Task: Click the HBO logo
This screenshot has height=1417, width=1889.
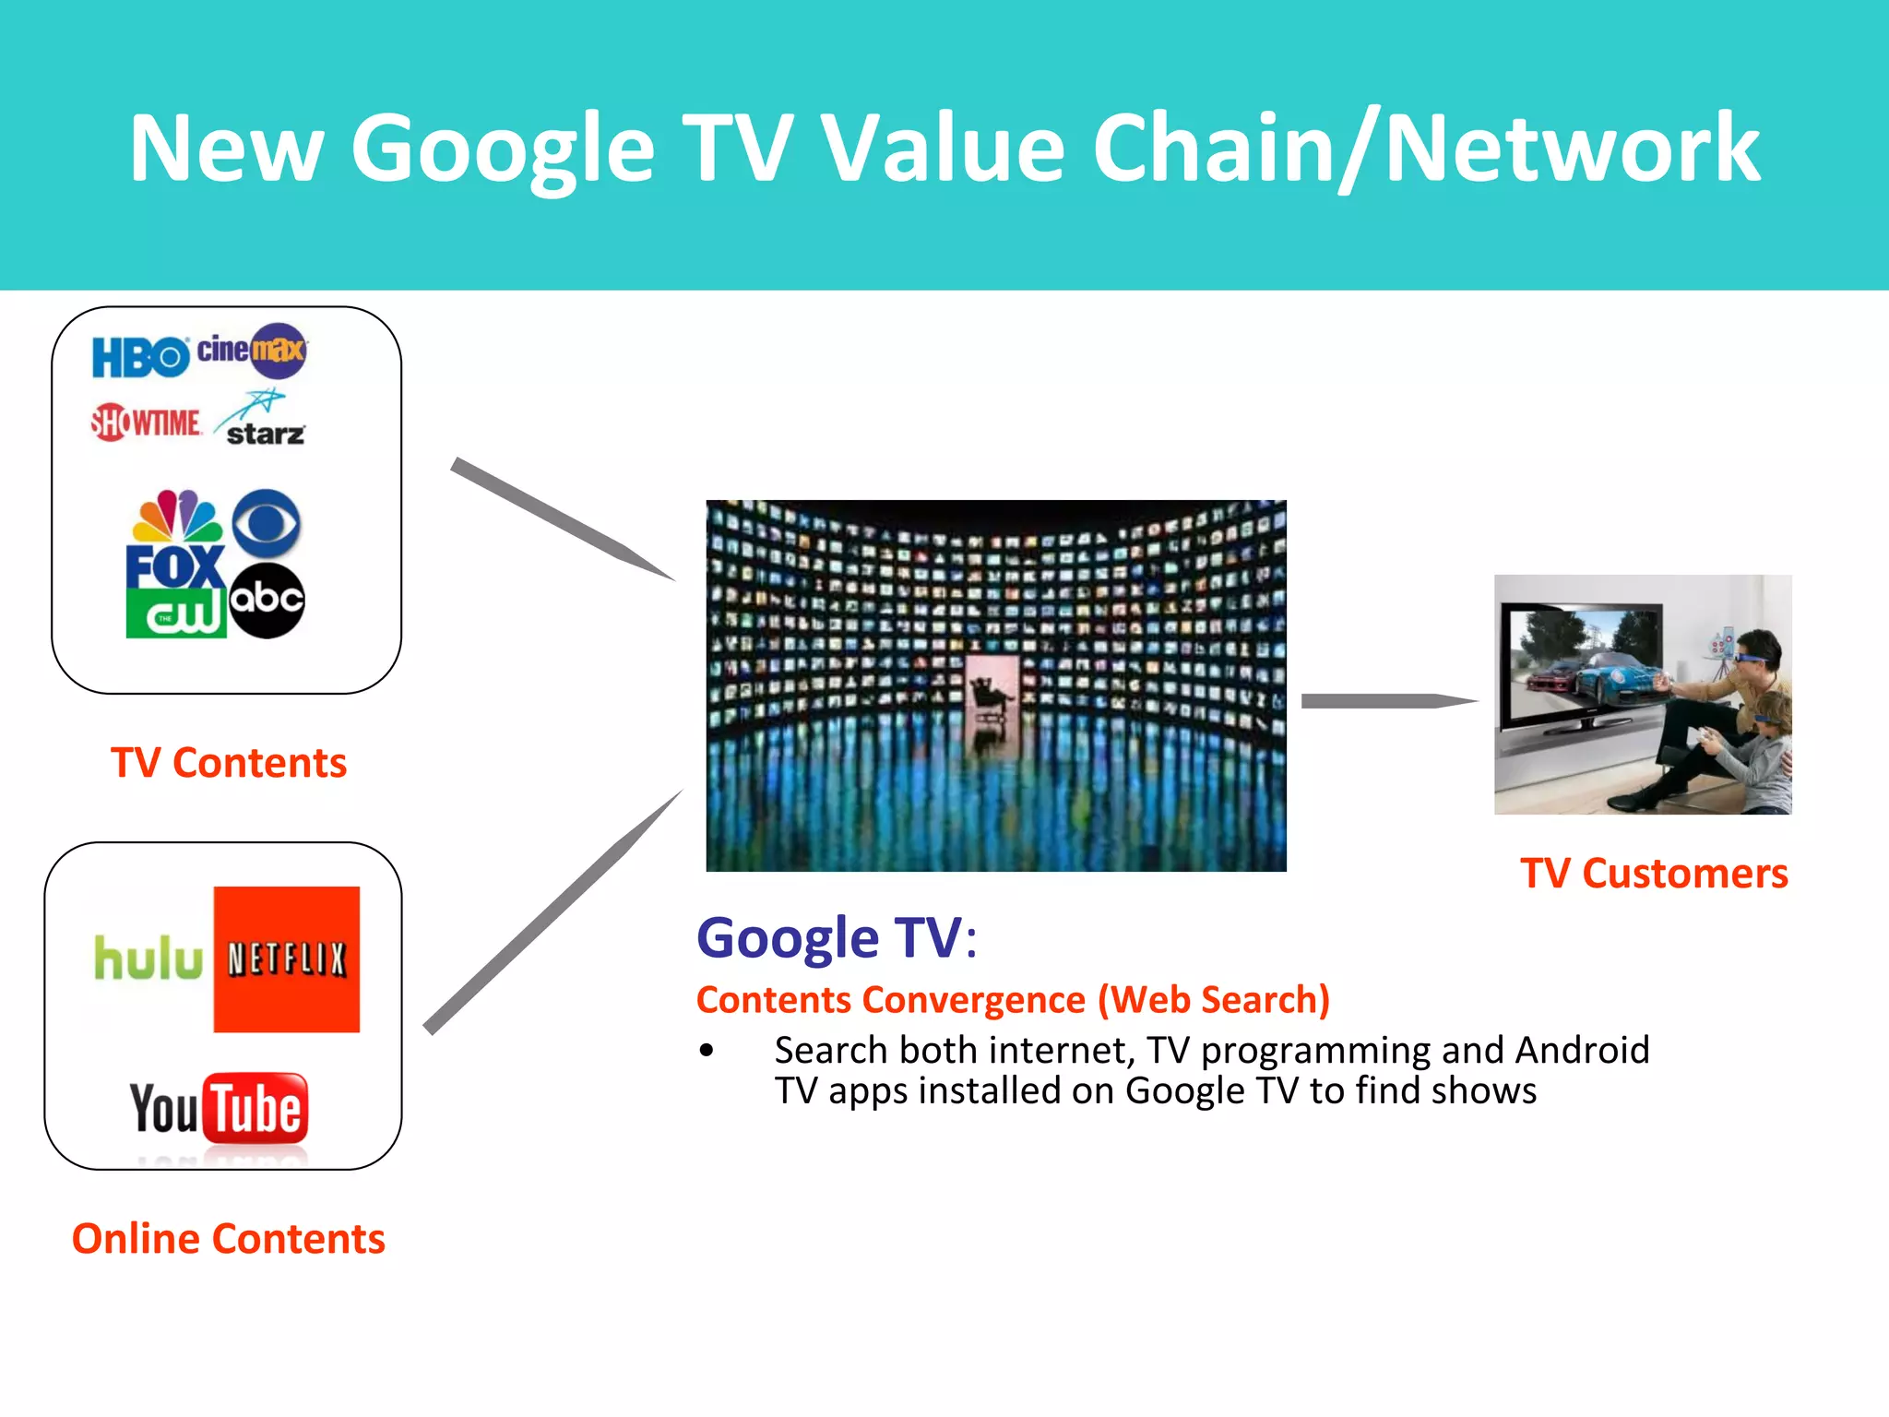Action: click(140, 357)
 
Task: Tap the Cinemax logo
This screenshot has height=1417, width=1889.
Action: click(253, 351)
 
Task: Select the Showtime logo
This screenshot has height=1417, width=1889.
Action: click(146, 423)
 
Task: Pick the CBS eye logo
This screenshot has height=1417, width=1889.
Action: click(267, 522)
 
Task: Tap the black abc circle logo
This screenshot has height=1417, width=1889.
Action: click(267, 600)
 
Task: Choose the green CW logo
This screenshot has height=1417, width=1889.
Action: click(175, 613)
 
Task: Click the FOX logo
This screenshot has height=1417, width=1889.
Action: click(175, 566)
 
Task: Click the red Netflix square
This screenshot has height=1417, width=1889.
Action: click(286, 959)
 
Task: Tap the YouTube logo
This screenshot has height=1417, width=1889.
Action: click(219, 1107)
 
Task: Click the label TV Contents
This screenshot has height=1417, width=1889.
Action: click(228, 763)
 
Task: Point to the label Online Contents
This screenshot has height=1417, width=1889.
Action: click(228, 1239)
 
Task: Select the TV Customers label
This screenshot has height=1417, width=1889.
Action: click(1654, 873)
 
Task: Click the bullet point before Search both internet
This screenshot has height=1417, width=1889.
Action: click(707, 1051)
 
